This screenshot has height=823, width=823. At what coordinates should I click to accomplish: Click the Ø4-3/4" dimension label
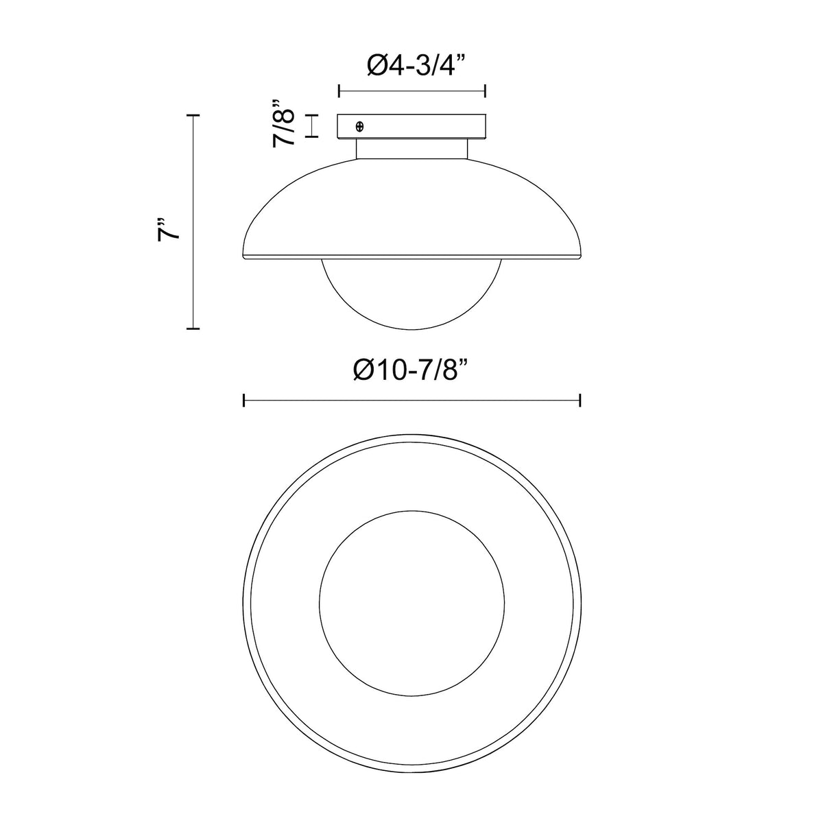point(416,64)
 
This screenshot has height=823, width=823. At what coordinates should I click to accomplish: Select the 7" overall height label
point(168,230)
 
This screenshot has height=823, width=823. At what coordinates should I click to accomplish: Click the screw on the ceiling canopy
point(359,126)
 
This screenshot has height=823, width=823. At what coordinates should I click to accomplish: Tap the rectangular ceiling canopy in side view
point(411,126)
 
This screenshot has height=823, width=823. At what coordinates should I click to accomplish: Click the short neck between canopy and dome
point(411,149)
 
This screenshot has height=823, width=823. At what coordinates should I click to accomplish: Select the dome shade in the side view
point(411,208)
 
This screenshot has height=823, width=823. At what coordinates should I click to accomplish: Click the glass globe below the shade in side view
point(411,295)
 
